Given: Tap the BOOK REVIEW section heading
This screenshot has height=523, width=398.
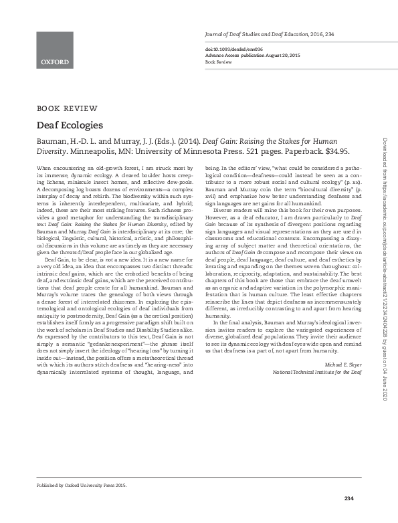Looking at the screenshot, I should click(67, 108).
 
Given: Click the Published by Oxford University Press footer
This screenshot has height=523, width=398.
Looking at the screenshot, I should click(81, 484).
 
